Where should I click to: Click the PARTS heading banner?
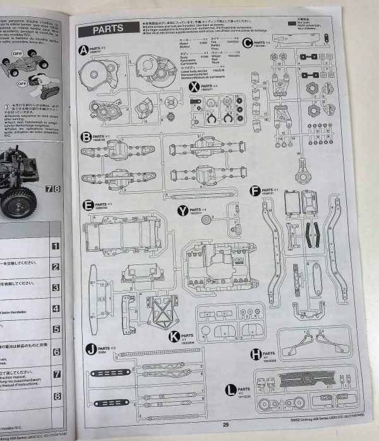pyautogui.click(x=104, y=29)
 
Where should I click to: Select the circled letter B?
pyautogui.click(x=86, y=137)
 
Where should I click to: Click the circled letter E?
pyautogui.click(x=87, y=204)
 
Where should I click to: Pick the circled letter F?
pyautogui.click(x=255, y=190)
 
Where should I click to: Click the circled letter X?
pyautogui.click(x=194, y=86)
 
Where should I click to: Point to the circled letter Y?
pyautogui.click(x=183, y=209)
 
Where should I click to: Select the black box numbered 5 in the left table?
pyautogui.click(x=56, y=330)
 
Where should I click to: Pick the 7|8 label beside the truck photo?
pyautogui.click(x=54, y=188)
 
